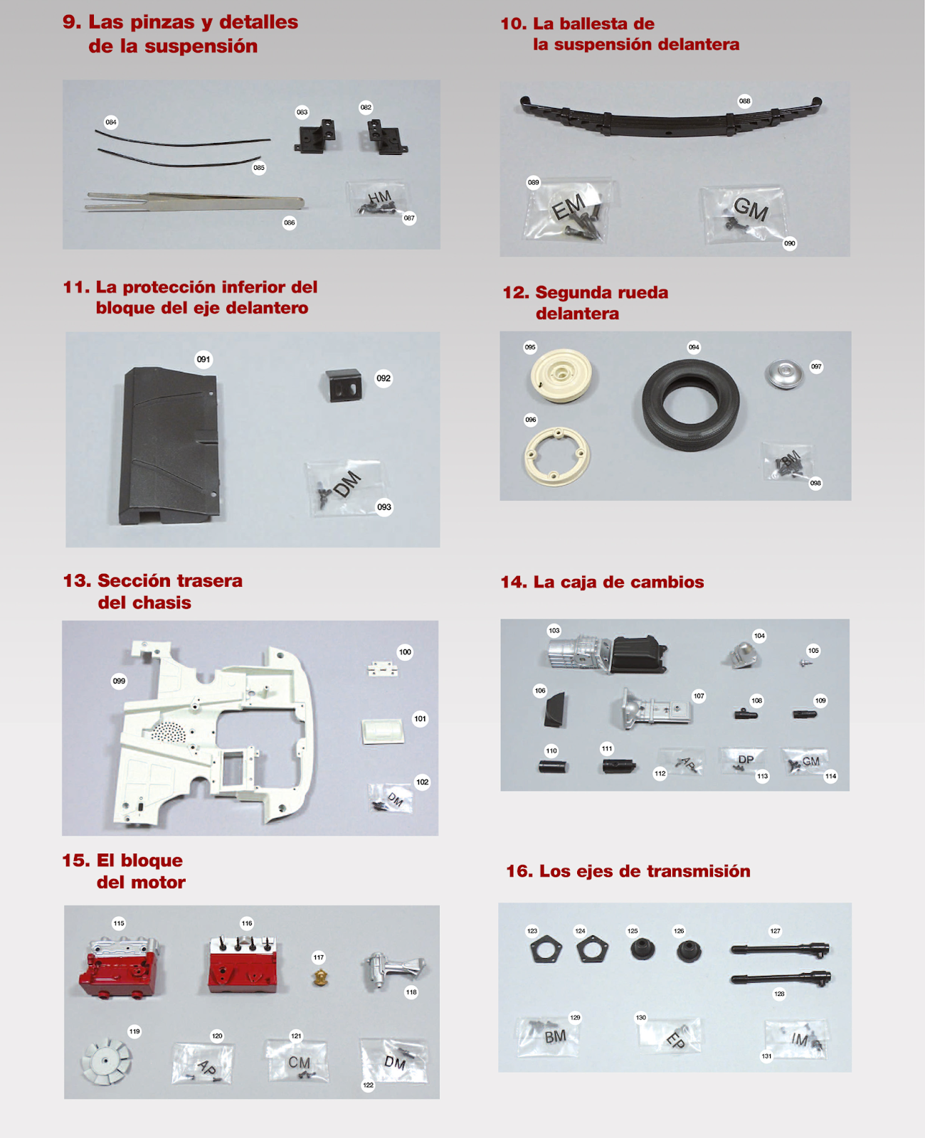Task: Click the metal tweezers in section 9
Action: click(195, 203)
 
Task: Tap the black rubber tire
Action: click(691, 405)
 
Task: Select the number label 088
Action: click(744, 101)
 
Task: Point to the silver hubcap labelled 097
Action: click(784, 374)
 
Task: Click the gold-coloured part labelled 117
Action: click(320, 977)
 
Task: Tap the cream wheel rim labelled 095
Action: click(561, 375)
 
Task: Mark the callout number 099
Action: click(119, 681)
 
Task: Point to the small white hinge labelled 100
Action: click(383, 669)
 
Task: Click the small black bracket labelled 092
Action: click(342, 385)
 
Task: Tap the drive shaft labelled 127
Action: click(780, 950)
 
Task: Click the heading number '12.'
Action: click(516, 293)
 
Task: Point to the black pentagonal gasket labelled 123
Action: click(546, 950)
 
